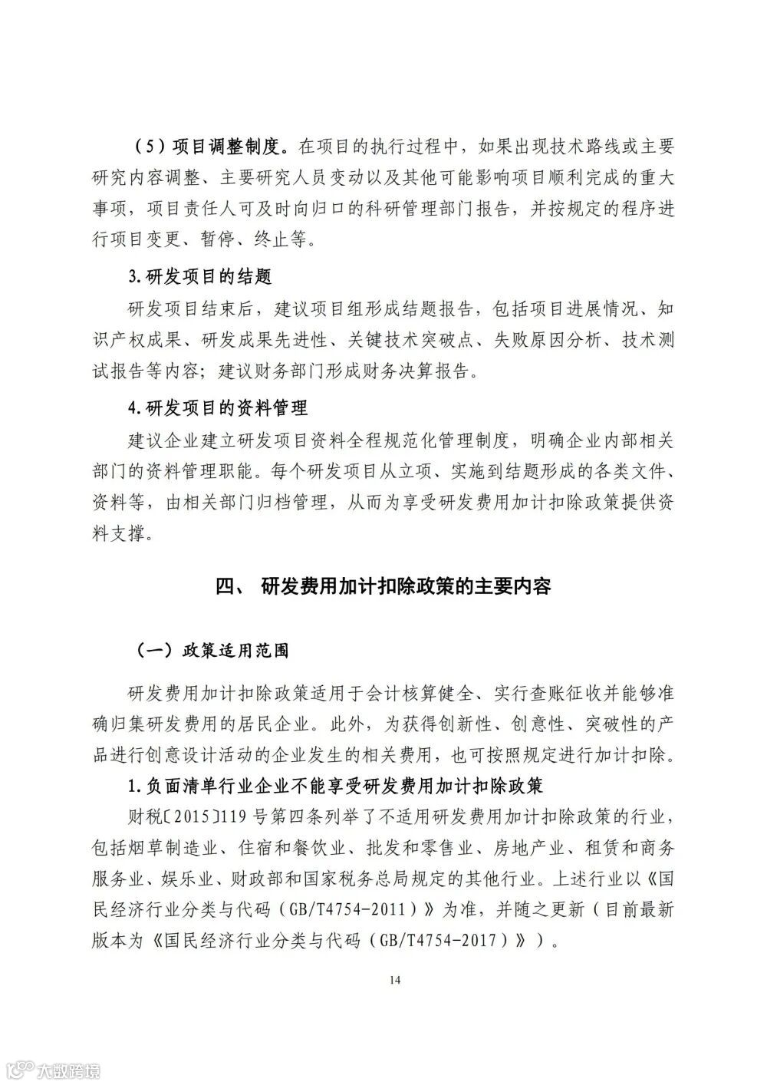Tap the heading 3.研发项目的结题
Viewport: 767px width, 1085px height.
click(200, 275)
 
